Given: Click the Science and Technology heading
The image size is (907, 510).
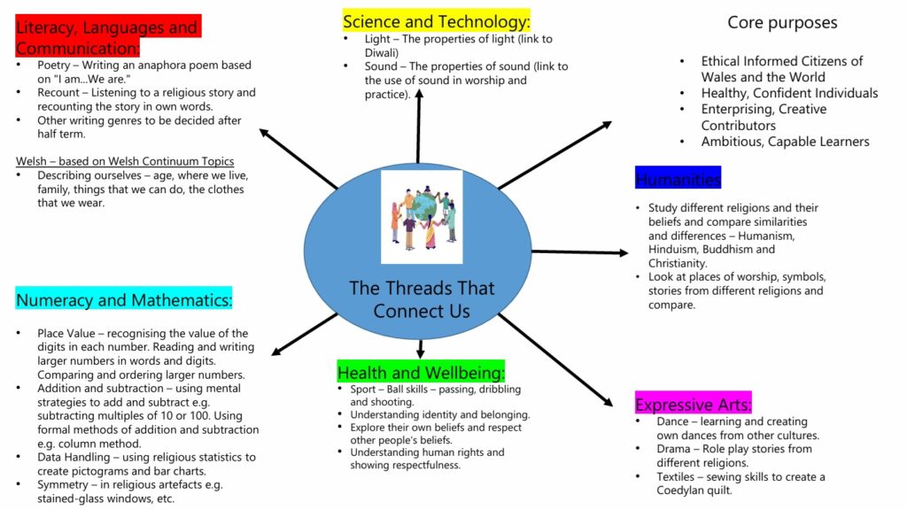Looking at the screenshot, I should pos(436,21).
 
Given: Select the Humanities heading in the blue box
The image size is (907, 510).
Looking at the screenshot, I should pos(678,179).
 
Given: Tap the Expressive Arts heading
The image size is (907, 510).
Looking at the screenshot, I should pos(693,405).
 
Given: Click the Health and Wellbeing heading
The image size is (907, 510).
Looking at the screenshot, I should pos(421,372).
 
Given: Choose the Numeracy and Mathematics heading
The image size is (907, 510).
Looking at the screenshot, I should pos(123,300).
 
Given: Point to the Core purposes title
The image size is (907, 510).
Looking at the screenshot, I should pos(782,22).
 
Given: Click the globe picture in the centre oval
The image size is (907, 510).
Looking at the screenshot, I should pos(422,216).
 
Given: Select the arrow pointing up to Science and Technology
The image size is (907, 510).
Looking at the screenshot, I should pos(418,124).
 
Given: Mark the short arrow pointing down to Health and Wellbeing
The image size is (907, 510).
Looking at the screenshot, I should pos(420,348).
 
